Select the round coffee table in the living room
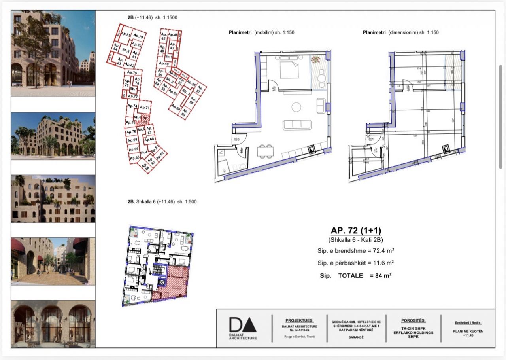(x=296, y=107)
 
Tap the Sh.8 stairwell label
(x=126, y=51)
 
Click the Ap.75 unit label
(x=133, y=73)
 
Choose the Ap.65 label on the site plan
(x=134, y=157)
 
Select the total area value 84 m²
(x=383, y=275)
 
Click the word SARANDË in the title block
(x=356, y=337)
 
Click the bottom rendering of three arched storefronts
(x=53, y=324)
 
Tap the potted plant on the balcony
(x=316, y=59)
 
